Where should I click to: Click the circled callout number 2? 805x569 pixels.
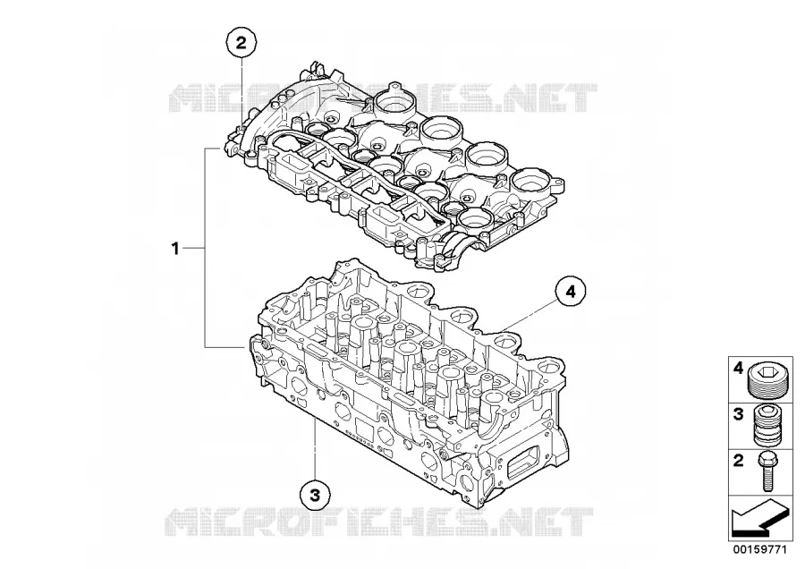coord(241,43)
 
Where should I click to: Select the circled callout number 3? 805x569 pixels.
coord(315,495)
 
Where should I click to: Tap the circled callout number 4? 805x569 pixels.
coord(571,292)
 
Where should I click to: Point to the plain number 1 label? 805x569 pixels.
coord(175,249)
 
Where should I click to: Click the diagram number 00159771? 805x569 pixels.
coord(759,549)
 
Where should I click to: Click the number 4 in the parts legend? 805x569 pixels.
coord(738,368)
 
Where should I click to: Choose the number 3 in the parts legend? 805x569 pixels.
coord(738,414)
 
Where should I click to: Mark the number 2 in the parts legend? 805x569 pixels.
coord(738,460)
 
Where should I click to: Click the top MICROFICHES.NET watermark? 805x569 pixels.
coord(383,98)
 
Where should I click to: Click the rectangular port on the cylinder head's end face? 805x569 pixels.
coord(523,460)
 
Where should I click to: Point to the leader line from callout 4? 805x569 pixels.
coord(529,316)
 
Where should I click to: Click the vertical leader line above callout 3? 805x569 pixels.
coord(315,449)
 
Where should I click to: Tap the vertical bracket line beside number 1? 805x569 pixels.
coord(206,248)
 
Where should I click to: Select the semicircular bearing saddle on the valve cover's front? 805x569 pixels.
coord(458,243)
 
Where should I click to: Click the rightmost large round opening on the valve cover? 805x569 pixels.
coord(530,180)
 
